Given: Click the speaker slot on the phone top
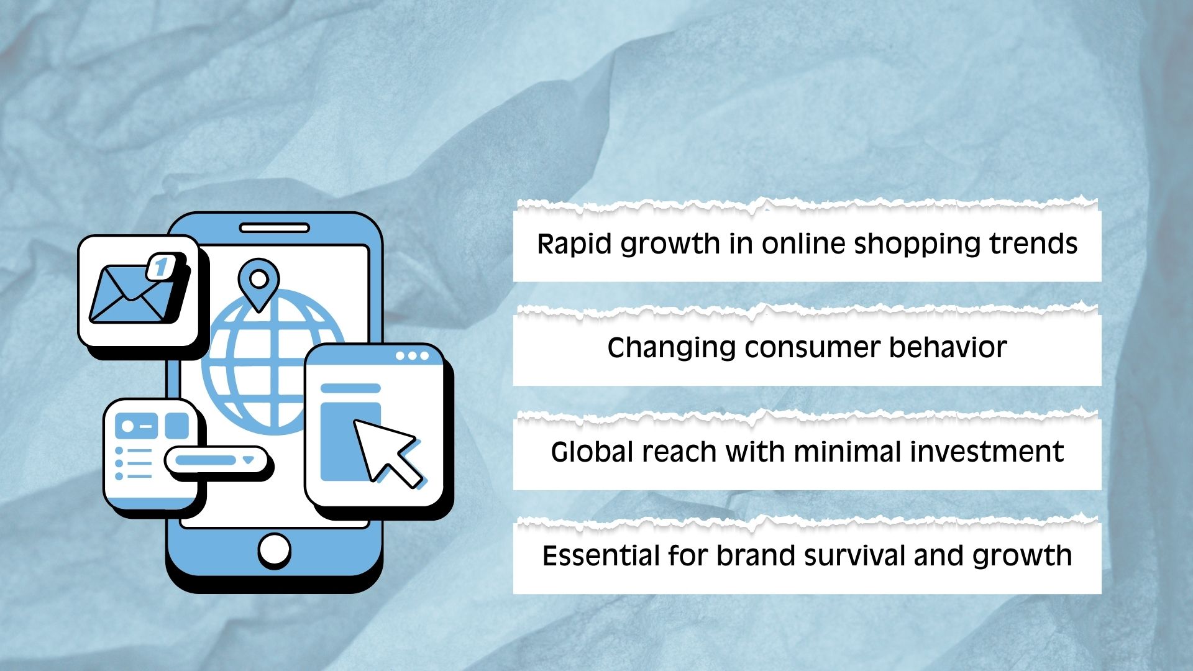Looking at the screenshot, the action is point(274,228).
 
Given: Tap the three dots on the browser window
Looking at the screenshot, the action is point(412,356).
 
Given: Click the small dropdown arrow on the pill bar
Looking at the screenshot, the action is point(249,460).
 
